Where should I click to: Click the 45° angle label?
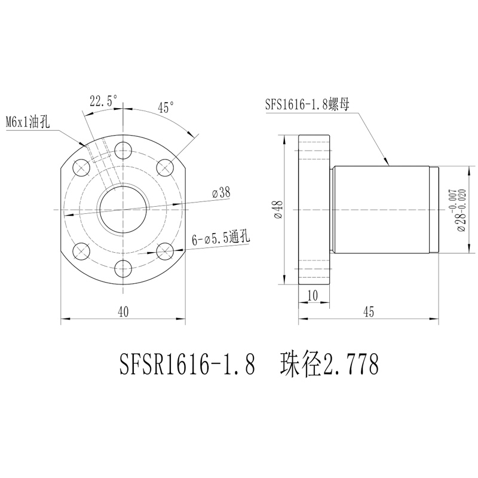coord(165,108)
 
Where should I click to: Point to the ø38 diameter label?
coord(221,193)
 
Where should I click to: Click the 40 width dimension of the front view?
coord(124,311)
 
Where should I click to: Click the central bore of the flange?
coord(124,210)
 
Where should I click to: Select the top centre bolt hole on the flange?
coord(124,149)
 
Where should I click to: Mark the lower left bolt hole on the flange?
coord(81,251)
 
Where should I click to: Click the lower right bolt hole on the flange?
coord(165,251)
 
